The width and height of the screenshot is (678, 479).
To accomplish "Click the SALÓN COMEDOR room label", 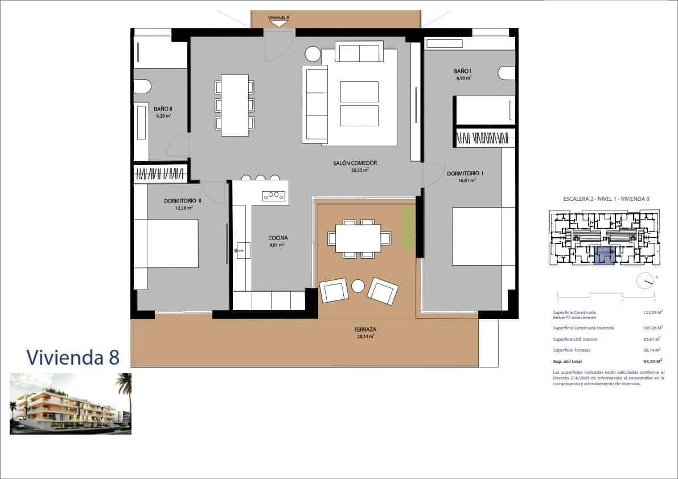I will pyautogui.click(x=355, y=163).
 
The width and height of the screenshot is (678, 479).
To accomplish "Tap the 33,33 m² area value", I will pyautogui.click(x=360, y=170).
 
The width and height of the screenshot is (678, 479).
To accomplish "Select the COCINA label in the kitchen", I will pyautogui.click(x=278, y=238).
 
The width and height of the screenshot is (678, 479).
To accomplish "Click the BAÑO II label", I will pyautogui.click(x=163, y=109).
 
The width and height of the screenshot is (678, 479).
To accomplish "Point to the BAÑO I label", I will pyautogui.click(x=462, y=71).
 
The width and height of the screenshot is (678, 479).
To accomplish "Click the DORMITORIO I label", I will pyautogui.click(x=465, y=174).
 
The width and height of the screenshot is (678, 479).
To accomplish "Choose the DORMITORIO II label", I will pyautogui.click(x=183, y=201).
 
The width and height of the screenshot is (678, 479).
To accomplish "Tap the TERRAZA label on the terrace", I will pyautogui.click(x=364, y=329).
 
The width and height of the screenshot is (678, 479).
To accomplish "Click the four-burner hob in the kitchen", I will pyautogui.click(x=273, y=196).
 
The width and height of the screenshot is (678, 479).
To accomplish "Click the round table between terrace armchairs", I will pyautogui.click(x=358, y=286).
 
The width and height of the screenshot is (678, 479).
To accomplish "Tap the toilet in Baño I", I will pyautogui.click(x=506, y=73).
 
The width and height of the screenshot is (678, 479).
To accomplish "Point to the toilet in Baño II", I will pyautogui.click(x=142, y=86).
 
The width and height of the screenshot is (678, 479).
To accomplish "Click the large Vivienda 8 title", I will pyautogui.click(x=73, y=357).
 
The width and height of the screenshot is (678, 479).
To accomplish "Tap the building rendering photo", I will pyautogui.click(x=71, y=404).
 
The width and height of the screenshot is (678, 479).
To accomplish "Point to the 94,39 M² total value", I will pyautogui.click(x=652, y=361).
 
